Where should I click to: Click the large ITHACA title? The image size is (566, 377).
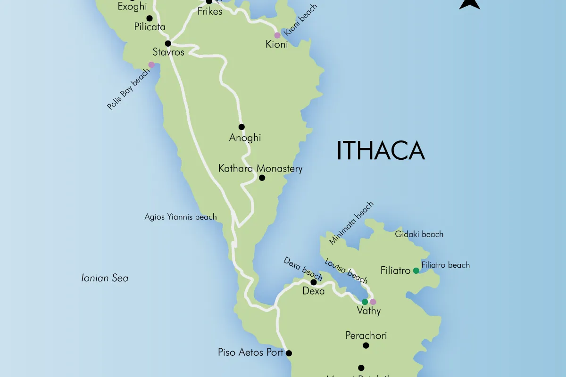(381, 151)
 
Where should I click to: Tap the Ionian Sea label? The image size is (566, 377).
(105, 278)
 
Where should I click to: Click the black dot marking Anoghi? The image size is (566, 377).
(241, 127)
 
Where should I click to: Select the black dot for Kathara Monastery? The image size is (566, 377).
(262, 178)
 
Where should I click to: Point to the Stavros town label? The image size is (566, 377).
(168, 52)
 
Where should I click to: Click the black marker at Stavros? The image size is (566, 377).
(167, 43)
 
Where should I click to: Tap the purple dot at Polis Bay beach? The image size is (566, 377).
(151, 65)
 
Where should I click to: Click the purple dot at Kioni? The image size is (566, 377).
(277, 35)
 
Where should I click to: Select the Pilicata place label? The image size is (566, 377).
(150, 27)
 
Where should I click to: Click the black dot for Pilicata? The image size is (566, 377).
(150, 18)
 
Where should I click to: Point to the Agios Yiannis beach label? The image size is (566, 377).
(181, 217)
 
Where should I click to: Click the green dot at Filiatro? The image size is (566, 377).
(416, 270)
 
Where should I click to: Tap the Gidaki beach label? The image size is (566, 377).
(419, 234)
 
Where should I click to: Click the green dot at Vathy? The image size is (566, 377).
(365, 302)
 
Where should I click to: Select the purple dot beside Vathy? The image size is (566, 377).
(373, 302)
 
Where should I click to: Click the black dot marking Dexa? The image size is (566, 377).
(313, 282)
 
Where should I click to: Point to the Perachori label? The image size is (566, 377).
(366, 336)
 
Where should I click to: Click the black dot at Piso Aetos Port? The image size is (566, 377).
(289, 353)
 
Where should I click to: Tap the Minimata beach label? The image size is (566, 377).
(351, 223)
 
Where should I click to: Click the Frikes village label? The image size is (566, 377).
(210, 11)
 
